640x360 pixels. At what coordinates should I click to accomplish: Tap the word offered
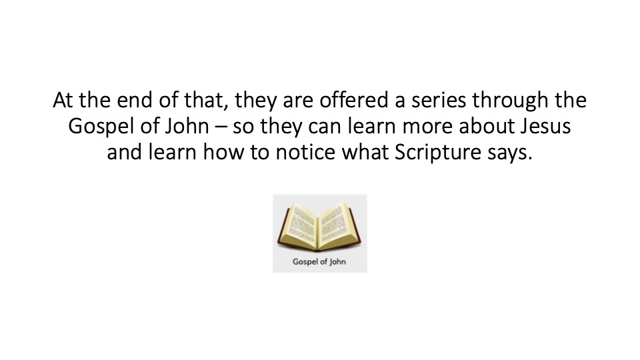pos(353,100)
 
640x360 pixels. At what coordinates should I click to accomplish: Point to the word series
pos(439,100)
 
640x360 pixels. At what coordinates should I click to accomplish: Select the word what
pos(365,152)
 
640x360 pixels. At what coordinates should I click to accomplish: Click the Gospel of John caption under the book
pos(319,262)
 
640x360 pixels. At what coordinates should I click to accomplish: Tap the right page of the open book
pos(338,225)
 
